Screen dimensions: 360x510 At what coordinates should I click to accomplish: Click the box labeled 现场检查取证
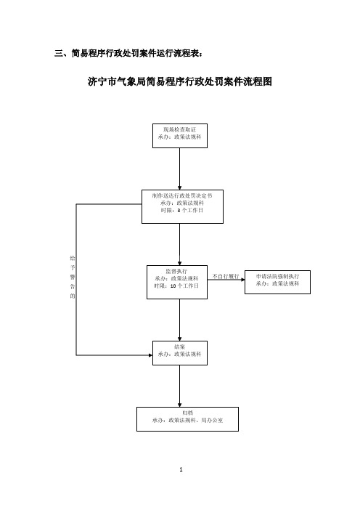click(x=180, y=136)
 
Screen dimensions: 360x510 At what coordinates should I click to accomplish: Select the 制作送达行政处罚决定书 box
click(x=182, y=206)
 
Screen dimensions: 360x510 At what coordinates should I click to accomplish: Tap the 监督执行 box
click(x=177, y=282)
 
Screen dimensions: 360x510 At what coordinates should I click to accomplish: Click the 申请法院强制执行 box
click(x=277, y=282)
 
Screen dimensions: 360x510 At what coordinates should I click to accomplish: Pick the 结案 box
click(x=180, y=353)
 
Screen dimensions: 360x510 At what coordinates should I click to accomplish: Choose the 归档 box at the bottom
click(x=187, y=419)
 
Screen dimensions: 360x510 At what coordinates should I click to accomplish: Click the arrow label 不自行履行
click(x=226, y=276)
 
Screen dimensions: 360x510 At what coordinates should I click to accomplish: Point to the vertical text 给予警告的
click(x=72, y=277)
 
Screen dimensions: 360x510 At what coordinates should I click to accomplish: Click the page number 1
click(x=181, y=469)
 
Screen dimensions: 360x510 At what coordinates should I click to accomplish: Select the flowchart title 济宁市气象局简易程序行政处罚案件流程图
click(x=180, y=81)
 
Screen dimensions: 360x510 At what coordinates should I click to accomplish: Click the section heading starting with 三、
click(x=129, y=53)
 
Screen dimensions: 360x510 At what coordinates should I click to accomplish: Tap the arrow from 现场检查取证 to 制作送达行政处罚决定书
click(x=180, y=169)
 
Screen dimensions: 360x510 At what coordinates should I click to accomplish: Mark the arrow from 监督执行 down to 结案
click(x=180, y=320)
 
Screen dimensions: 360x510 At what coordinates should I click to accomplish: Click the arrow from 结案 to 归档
click(x=180, y=386)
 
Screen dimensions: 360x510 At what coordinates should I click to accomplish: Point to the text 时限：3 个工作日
click(x=182, y=211)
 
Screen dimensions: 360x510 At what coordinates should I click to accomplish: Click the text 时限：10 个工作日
click(x=176, y=286)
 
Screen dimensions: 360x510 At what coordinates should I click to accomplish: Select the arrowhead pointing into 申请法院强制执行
click(x=242, y=280)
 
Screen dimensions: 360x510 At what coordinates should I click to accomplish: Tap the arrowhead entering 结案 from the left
click(x=150, y=355)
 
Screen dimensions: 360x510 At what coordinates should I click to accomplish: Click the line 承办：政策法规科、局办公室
click(x=187, y=420)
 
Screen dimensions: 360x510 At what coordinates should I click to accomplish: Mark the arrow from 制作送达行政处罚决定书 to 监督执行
click(x=180, y=244)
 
